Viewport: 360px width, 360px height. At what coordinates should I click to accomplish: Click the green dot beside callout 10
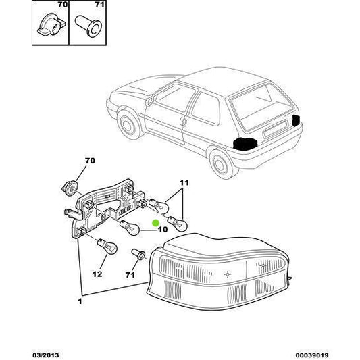coord(155,222)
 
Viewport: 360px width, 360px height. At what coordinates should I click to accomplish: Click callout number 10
coord(163,230)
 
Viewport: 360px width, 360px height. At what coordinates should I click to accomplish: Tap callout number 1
coord(81,301)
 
